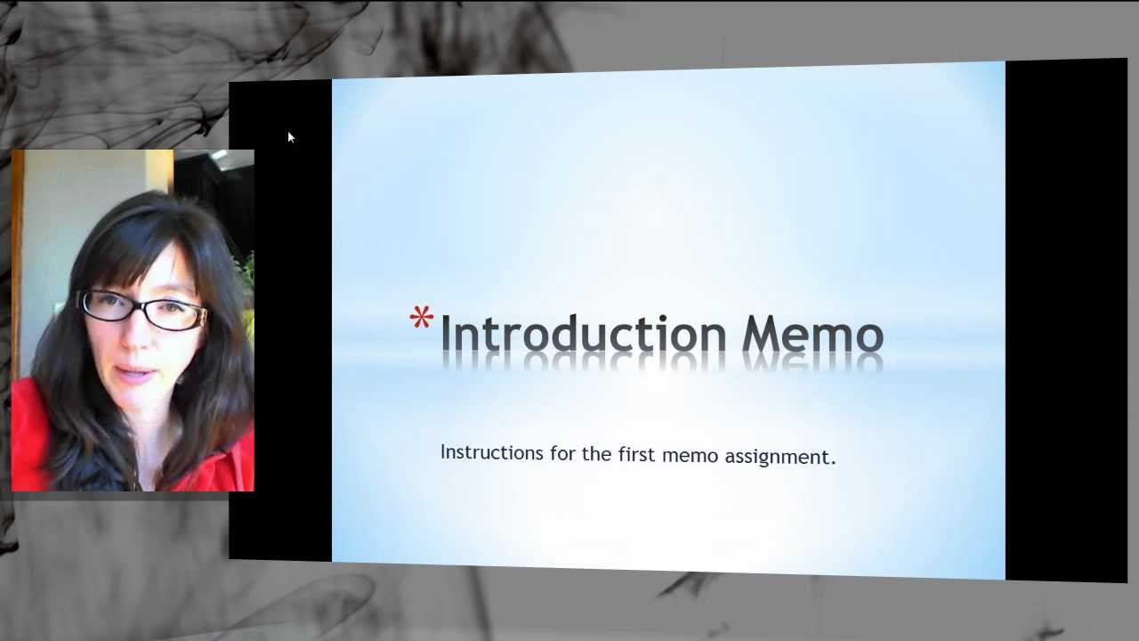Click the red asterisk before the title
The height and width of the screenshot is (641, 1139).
click(x=422, y=318)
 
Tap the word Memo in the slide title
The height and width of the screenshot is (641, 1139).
click(x=812, y=335)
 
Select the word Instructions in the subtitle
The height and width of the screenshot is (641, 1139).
click(x=491, y=452)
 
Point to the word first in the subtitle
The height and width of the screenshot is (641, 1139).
click(x=639, y=454)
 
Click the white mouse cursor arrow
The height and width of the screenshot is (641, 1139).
click(x=290, y=137)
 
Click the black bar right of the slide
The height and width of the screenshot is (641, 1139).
click(x=1065, y=320)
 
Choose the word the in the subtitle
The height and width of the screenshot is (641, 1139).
click(x=596, y=453)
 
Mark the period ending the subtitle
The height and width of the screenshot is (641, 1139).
click(x=833, y=462)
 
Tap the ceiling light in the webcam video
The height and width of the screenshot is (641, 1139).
click(x=219, y=155)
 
